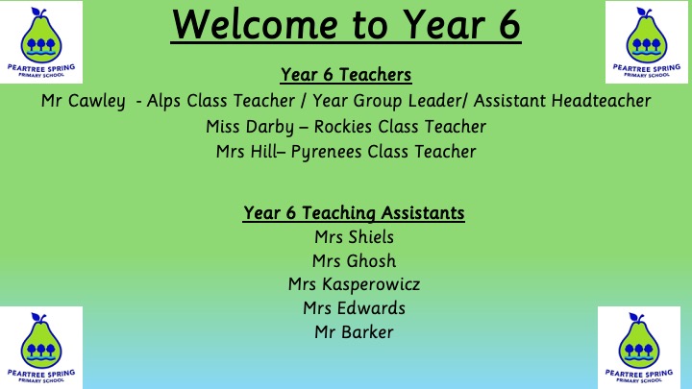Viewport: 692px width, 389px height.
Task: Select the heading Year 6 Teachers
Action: click(x=346, y=75)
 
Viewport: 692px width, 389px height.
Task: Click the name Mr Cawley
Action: click(x=83, y=102)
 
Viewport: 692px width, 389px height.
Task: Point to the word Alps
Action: click(x=164, y=101)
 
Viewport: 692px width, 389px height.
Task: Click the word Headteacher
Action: click(x=601, y=101)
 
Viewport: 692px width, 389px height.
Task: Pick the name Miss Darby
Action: click(x=249, y=127)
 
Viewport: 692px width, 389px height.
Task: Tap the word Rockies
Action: click(x=343, y=126)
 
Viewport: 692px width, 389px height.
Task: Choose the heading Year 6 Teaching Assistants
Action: click(x=354, y=212)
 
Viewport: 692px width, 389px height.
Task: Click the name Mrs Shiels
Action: click(x=354, y=237)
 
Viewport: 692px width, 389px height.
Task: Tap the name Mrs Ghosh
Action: click(x=354, y=260)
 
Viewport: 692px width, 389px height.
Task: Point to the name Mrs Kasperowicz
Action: click(x=354, y=284)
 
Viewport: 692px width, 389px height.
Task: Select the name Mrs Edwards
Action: click(x=354, y=308)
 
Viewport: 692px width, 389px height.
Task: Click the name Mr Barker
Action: click(x=354, y=332)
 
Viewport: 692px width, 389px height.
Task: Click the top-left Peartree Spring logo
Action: click(x=41, y=42)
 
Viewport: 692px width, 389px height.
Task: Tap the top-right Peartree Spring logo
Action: click(x=647, y=42)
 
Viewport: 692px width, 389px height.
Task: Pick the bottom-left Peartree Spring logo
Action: click(x=41, y=348)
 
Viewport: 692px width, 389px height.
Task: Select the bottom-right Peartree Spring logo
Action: click(x=639, y=348)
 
